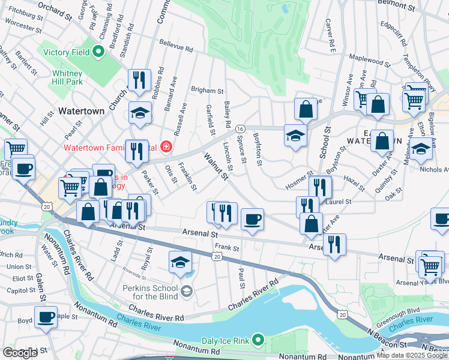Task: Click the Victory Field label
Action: pos(65,52)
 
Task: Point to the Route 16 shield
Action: pos(240,129)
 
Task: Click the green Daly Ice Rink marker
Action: pos(259,341)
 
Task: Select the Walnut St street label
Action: pos(216,166)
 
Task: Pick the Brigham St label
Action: pos(207,91)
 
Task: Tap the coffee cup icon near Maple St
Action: pos(45,316)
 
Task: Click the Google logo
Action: pos(20,353)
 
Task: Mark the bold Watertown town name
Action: pos(82,110)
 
